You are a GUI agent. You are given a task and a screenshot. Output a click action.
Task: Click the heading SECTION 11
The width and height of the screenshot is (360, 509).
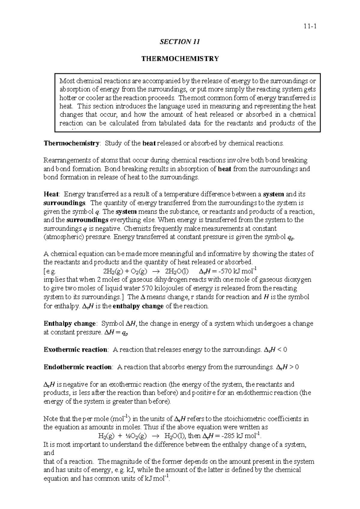pyautogui.click(x=180, y=42)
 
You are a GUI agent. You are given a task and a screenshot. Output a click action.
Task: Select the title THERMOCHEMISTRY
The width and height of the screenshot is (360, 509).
pyautogui.click(x=180, y=59)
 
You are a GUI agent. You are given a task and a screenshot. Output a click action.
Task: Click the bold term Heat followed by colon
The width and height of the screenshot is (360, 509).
pyautogui.click(x=51, y=194)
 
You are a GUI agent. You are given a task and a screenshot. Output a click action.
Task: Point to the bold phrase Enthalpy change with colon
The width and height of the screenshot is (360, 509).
pyautogui.click(x=70, y=324)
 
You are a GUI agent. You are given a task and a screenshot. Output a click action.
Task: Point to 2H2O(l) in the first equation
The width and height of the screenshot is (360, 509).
pyautogui.click(x=177, y=272)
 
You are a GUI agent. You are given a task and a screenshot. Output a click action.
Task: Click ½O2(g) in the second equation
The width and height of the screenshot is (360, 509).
pyautogui.click(x=136, y=436)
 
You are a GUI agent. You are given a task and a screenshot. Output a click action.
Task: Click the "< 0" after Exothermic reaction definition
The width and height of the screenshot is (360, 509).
pyautogui.click(x=283, y=350)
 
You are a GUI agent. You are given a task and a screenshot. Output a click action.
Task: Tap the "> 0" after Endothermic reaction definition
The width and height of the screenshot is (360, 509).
pyautogui.click(x=295, y=367)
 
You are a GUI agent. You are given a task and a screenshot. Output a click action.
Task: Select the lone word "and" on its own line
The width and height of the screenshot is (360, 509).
pyautogui.click(x=49, y=453)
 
